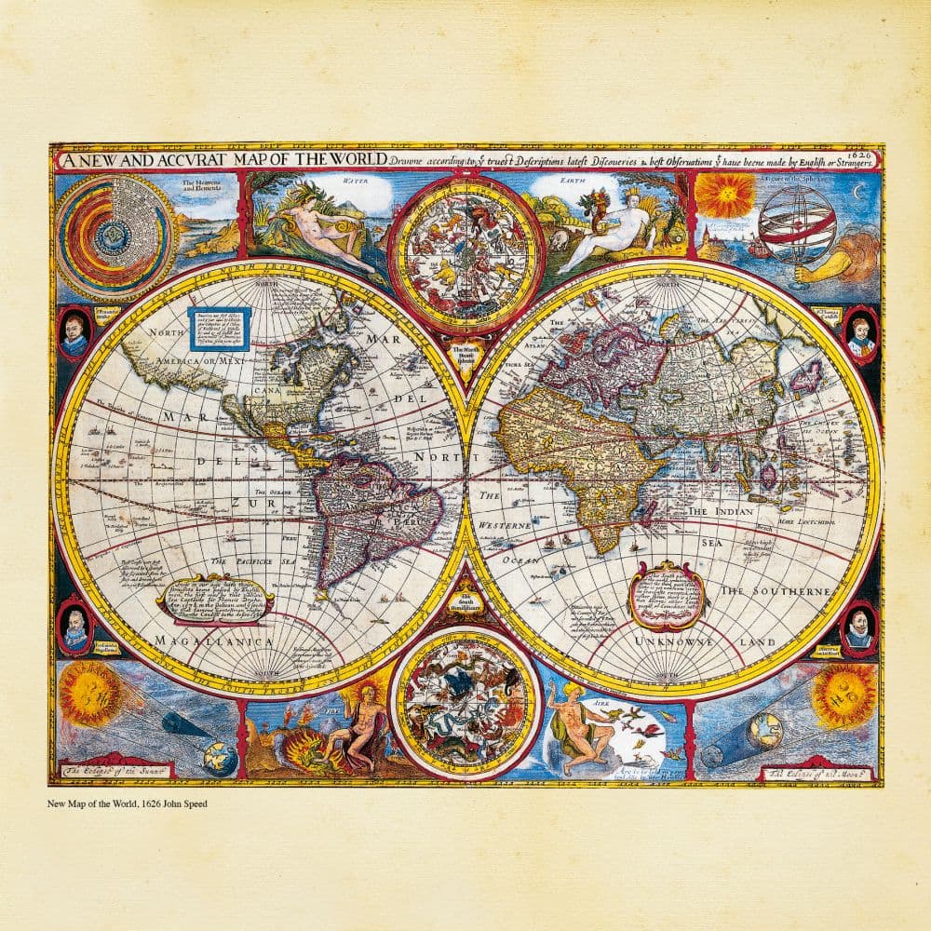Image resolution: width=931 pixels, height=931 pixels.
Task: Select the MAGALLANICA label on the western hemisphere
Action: (215, 641)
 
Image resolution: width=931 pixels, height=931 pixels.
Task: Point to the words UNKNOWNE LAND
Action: (704, 642)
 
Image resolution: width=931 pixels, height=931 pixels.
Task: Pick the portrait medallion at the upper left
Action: (74, 332)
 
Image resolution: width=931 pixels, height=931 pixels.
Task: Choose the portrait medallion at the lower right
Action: (857, 627)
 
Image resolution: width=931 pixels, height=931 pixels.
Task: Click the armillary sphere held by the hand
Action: (796, 223)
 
